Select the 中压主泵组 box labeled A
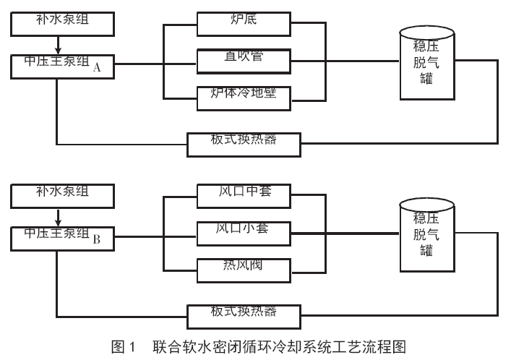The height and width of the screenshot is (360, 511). point(63,65)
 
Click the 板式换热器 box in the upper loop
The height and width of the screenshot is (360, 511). point(243,143)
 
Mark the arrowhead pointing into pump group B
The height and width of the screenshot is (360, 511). point(56,222)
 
